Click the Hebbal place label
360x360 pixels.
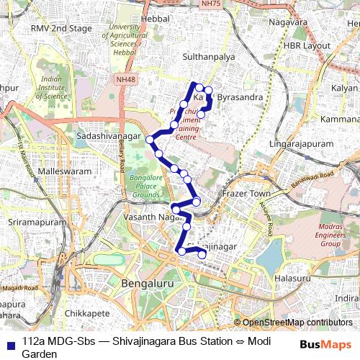(x=156, y=17)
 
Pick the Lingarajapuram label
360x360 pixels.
(x=299, y=144)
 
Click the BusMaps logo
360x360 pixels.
(x=325, y=344)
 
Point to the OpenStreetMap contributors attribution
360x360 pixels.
(x=297, y=323)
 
